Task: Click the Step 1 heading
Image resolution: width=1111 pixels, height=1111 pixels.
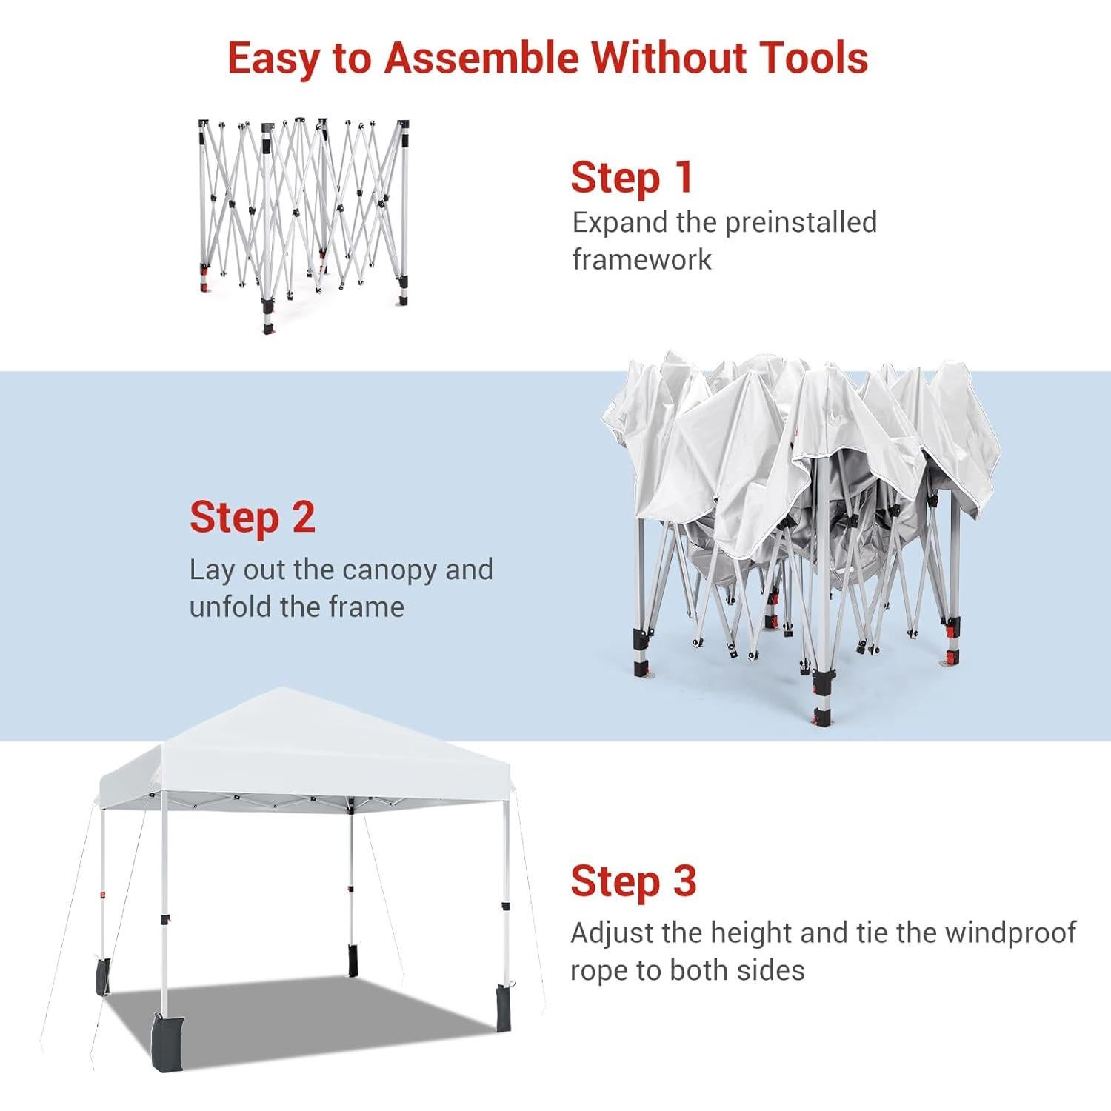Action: [x=632, y=178]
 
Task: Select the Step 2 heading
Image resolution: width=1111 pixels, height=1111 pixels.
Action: [x=252, y=517]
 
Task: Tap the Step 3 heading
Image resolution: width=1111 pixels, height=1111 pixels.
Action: [x=633, y=881]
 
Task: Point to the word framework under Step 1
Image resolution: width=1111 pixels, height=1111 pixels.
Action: [x=641, y=259]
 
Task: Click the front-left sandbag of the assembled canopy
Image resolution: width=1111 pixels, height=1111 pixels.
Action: [x=164, y=1041]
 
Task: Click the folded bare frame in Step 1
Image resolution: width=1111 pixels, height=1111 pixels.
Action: [x=304, y=222]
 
